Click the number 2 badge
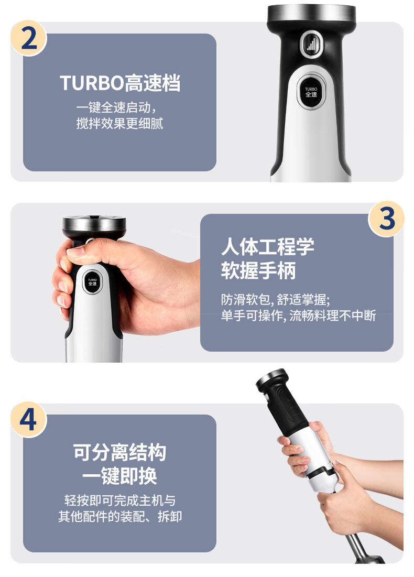[29, 38]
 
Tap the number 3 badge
[386, 219]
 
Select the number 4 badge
[28, 419]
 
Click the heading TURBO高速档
[120, 83]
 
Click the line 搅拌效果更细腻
[119, 123]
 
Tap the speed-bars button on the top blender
[312, 45]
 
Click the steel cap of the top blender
[311, 13]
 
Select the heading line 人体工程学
[268, 246]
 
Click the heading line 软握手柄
[258, 271]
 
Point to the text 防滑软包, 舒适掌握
[275, 300]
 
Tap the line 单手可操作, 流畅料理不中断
[298, 315]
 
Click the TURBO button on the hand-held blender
[92, 282]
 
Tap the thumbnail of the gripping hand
[75, 252]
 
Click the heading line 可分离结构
[119, 452]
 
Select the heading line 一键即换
[119, 476]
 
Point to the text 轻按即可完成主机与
[120, 500]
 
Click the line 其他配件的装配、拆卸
[120, 517]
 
